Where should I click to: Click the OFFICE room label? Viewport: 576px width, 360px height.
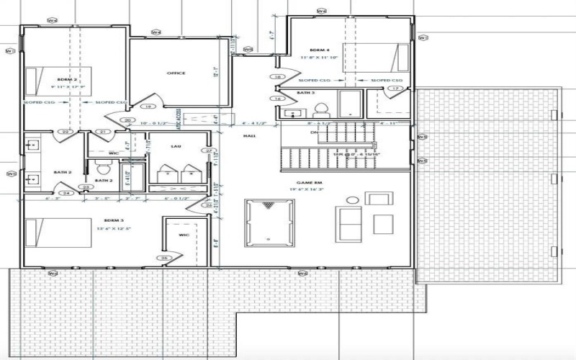pos(176,73)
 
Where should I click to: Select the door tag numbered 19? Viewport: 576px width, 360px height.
pos(148,107)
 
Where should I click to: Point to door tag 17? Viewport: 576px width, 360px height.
pos(395,89)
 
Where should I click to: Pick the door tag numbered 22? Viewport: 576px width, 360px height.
pos(66,132)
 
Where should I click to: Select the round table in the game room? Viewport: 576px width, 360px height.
pos(352,200)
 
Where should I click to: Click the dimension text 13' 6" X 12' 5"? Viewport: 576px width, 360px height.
pos(114,227)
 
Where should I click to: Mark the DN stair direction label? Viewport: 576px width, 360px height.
pos(313,132)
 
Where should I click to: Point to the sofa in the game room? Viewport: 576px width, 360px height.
pos(349,224)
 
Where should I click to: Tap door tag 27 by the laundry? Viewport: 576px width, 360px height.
pos(208,150)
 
